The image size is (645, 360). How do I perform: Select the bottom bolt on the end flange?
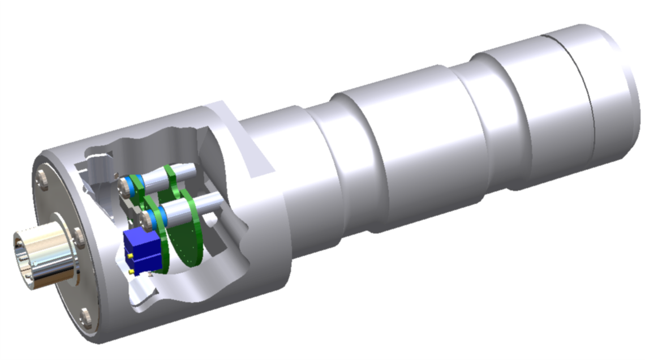(x=85, y=319)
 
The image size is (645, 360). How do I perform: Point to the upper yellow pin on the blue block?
(x=131, y=256)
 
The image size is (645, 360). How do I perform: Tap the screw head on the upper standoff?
(x=123, y=185)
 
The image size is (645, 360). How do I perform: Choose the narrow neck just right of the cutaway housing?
(x=297, y=170)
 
